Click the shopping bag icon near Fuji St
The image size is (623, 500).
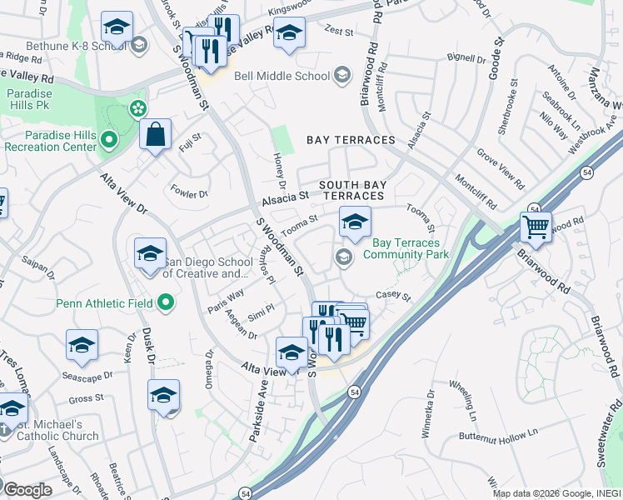click(156, 133)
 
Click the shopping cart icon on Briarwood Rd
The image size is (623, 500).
click(536, 226)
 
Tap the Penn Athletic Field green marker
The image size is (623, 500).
click(167, 302)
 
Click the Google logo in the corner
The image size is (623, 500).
click(27, 489)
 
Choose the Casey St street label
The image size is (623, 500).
click(394, 296)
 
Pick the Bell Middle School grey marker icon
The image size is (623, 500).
click(341, 77)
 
